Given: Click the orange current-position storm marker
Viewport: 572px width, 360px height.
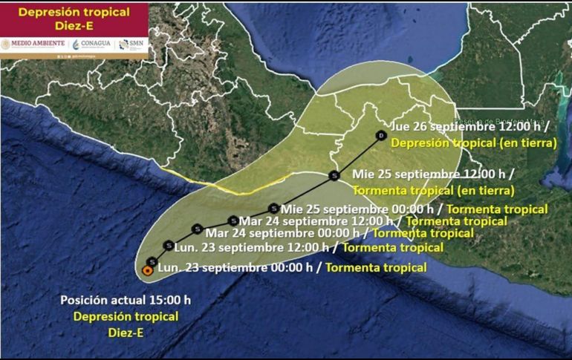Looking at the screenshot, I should tap(147, 270).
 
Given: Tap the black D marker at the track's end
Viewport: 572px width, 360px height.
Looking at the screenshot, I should tap(380, 137).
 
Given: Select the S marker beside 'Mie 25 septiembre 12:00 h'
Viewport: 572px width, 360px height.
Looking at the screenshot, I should tap(334, 176).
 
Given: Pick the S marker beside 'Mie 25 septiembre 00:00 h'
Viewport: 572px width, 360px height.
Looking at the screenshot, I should tap(274, 209).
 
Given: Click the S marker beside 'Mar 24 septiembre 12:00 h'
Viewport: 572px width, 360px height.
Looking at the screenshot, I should tap(233, 220).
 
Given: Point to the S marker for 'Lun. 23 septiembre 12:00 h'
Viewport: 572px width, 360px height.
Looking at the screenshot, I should tap(169, 246).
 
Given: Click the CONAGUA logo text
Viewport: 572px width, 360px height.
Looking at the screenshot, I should tap(94, 44).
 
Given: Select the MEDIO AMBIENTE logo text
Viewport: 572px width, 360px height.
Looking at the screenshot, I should tap(37, 44).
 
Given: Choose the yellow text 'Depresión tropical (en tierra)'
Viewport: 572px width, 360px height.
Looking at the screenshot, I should tap(474, 142).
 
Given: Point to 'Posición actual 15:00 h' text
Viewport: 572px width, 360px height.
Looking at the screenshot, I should tap(126, 300).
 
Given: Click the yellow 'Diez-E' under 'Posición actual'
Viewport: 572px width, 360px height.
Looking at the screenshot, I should tap(125, 333).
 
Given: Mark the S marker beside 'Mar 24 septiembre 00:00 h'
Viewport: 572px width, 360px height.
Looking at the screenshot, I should tap(197, 229).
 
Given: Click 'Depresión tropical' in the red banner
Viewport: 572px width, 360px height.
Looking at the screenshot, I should tap(74, 12).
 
